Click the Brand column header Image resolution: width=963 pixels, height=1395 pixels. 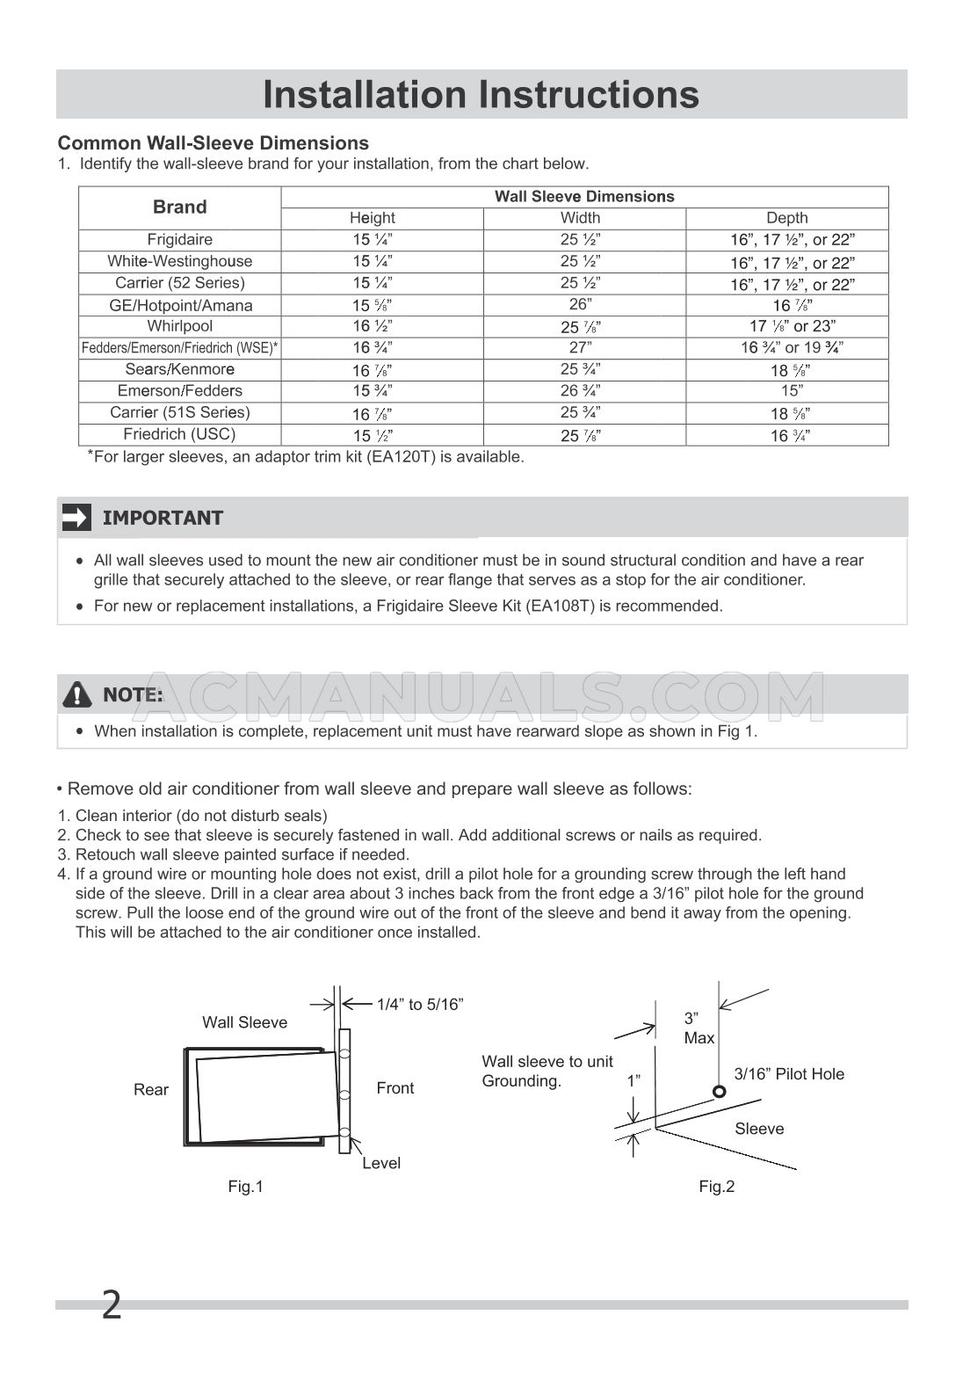click(x=179, y=207)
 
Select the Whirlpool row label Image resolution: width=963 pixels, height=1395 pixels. click(x=179, y=326)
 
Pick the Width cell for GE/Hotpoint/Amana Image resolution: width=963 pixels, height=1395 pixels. click(x=580, y=304)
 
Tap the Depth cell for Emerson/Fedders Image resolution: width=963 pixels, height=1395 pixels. click(x=786, y=390)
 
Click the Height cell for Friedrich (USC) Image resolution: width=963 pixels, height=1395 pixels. click(x=373, y=435)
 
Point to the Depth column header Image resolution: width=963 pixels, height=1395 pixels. click(x=786, y=218)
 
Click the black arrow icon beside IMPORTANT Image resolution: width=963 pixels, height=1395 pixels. click(x=76, y=518)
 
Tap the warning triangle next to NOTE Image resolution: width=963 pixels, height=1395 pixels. click(x=77, y=695)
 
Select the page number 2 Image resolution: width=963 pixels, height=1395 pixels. click(x=112, y=1305)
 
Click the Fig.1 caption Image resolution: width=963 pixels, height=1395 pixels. click(x=245, y=1187)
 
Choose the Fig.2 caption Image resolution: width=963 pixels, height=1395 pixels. click(x=716, y=1187)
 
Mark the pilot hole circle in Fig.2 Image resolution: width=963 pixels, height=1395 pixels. click(x=719, y=1092)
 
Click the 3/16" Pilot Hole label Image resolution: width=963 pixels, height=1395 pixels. click(x=789, y=1074)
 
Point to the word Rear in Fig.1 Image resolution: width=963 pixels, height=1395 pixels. click(x=151, y=1090)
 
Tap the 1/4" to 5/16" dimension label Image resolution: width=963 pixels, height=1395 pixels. click(x=420, y=1004)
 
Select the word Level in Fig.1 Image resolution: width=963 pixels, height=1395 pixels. click(x=381, y=1163)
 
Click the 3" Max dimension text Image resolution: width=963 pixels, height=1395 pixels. click(x=699, y=1028)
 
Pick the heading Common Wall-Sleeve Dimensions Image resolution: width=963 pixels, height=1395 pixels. click(x=213, y=143)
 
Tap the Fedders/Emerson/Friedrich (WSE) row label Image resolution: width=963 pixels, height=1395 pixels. click(x=179, y=348)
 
